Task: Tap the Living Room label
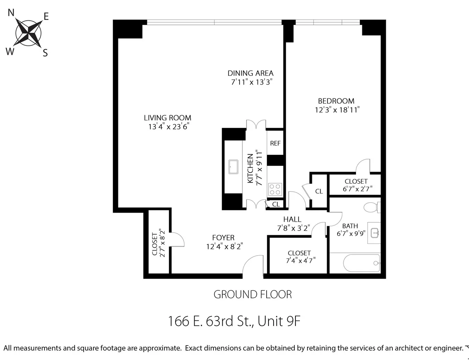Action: point(167,118)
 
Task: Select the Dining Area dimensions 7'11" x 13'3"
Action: point(251,82)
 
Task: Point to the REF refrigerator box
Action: point(275,143)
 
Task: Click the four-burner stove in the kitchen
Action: point(275,189)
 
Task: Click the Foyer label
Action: point(223,238)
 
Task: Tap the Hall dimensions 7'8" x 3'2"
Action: point(292,228)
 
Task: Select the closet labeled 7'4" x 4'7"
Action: point(299,256)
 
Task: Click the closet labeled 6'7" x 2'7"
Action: point(355,185)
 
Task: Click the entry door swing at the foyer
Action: point(253,266)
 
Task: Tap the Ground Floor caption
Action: point(252,294)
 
